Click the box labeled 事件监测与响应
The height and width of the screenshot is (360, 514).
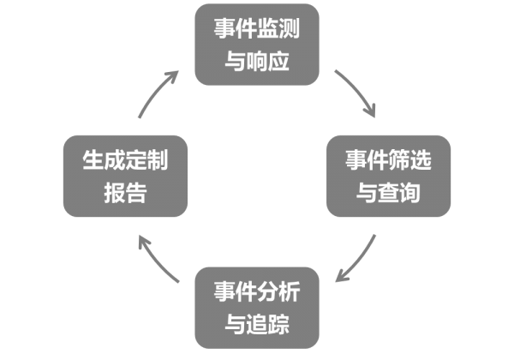[x=257, y=45]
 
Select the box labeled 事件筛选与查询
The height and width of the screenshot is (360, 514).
[x=388, y=176]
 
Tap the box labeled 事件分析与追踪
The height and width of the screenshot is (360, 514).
[x=257, y=308]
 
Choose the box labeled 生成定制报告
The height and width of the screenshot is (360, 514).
[x=125, y=176]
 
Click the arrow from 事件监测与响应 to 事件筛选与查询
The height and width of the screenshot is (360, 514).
[x=358, y=92]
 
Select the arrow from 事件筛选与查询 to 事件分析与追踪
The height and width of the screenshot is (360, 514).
[x=358, y=258]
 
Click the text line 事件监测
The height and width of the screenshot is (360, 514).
[x=257, y=28]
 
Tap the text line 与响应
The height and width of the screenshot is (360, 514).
[x=257, y=63]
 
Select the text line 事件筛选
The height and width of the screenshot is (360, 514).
[x=388, y=159]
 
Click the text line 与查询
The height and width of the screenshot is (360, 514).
[x=388, y=194]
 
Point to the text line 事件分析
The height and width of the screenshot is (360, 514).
[x=257, y=291]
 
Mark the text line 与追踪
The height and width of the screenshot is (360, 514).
[x=257, y=326]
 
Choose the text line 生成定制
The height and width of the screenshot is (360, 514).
[x=125, y=159]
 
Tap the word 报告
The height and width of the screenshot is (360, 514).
[x=125, y=194]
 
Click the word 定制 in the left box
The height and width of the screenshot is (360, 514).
[x=146, y=159]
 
